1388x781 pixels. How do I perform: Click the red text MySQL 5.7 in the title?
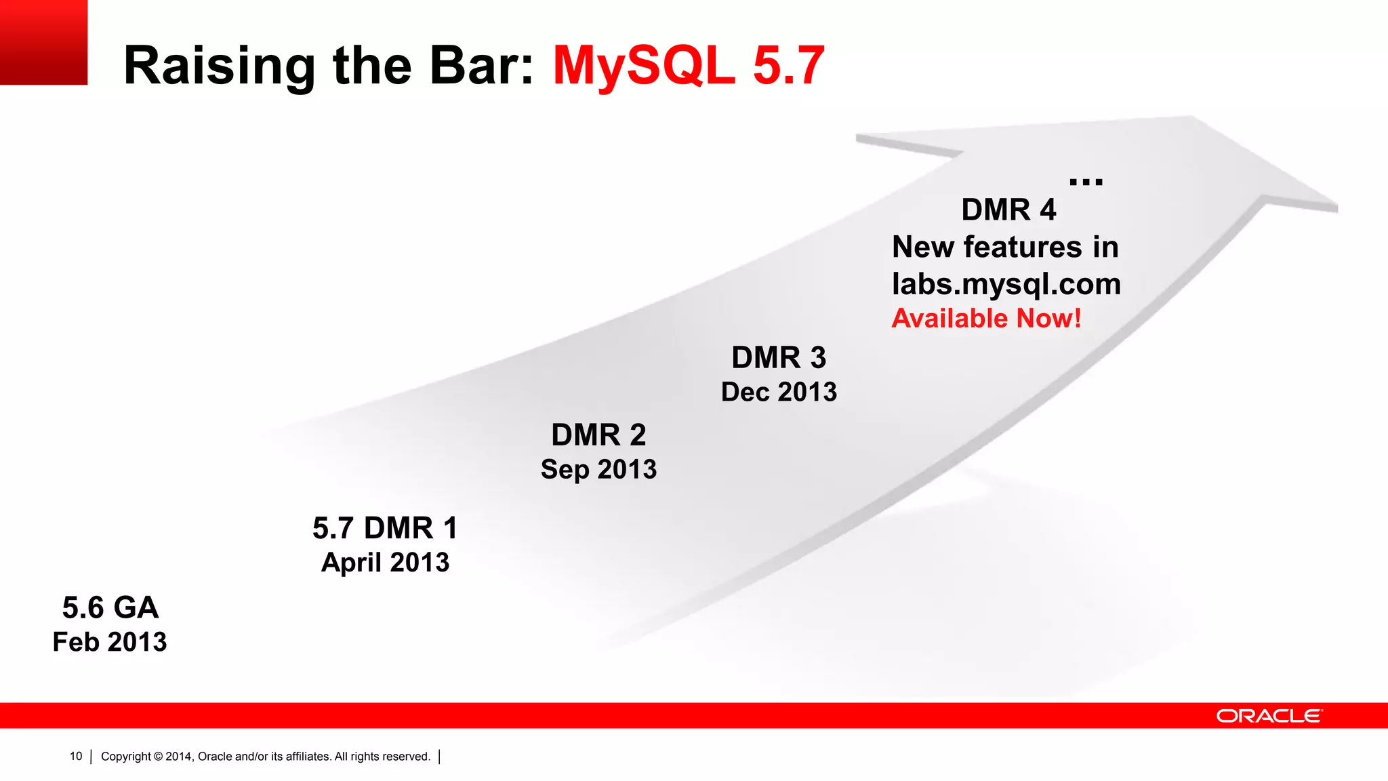coord(688,66)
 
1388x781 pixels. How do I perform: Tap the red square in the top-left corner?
coord(43,42)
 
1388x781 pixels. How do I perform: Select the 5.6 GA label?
coord(110,607)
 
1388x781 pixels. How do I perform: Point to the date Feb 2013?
coord(110,642)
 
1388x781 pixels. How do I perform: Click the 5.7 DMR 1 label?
coord(385,528)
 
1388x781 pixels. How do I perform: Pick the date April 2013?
coord(385,563)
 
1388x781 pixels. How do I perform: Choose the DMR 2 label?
coord(598,435)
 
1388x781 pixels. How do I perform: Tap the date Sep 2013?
coord(598,469)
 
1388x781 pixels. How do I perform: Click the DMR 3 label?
coord(779,358)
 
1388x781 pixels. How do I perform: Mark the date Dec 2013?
coord(779,392)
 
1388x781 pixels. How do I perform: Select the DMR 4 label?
coord(1008,210)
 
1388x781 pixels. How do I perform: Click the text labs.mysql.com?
coord(1006,284)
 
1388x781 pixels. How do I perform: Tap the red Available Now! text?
coord(986,319)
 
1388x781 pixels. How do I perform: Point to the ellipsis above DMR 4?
coord(1086,182)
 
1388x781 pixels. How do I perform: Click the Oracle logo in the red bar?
coord(1269,716)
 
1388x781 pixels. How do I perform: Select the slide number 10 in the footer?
coord(76,756)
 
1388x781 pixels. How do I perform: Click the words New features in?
coord(1005,247)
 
